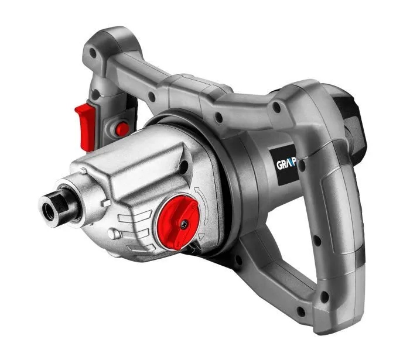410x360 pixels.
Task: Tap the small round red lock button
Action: [122, 129]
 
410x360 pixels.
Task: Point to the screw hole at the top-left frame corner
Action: [93, 54]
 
